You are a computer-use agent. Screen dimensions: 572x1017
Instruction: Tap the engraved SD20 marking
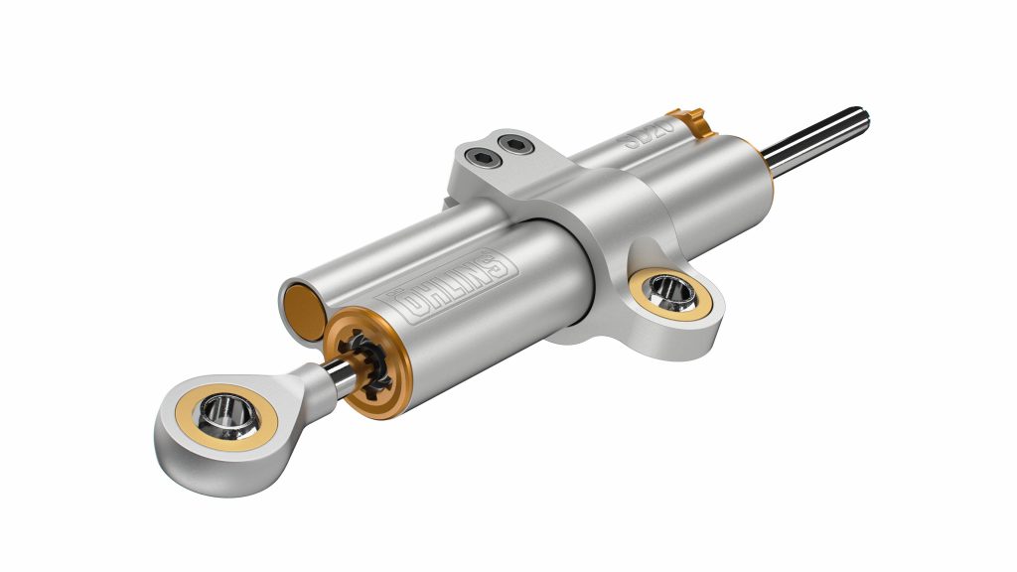click(x=651, y=134)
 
